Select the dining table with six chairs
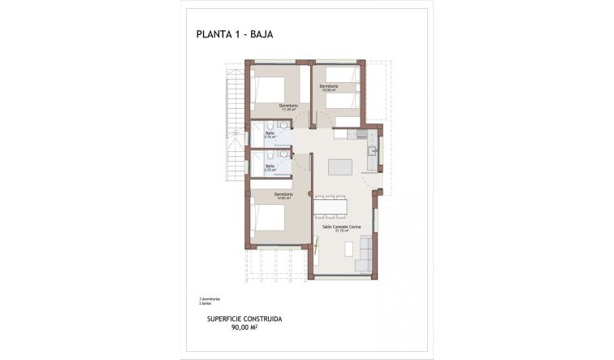click(x=330, y=206)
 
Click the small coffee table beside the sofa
click(x=348, y=249)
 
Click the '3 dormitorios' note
click(x=210, y=298)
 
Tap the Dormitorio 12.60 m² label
click(x=283, y=195)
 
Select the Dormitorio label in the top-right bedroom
click(x=328, y=87)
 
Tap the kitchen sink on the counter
click(x=371, y=150)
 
